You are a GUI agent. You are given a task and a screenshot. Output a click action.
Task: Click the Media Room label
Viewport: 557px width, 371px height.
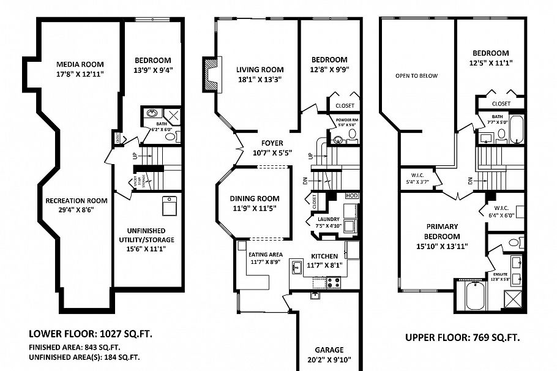click(x=80, y=64)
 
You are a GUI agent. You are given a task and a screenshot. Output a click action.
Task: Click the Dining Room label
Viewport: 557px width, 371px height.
click(x=255, y=198)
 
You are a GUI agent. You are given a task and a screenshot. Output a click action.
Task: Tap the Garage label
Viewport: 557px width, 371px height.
click(x=329, y=350)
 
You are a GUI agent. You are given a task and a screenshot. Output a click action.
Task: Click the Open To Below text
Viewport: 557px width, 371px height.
click(x=416, y=76)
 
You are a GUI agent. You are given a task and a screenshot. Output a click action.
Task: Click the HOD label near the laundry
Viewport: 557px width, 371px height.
click(x=351, y=195)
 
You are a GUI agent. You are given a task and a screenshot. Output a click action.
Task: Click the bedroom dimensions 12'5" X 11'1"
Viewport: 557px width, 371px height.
click(x=492, y=62)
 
